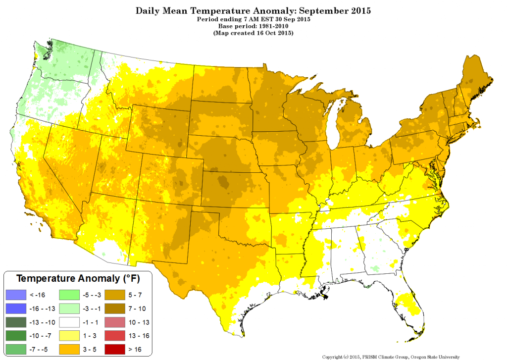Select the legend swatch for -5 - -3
click(69, 295)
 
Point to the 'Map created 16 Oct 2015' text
click(253, 33)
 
